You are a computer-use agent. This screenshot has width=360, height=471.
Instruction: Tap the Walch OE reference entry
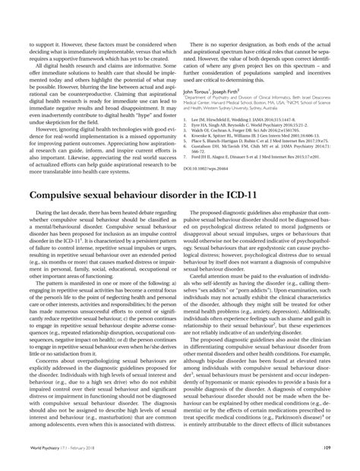[243, 131]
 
